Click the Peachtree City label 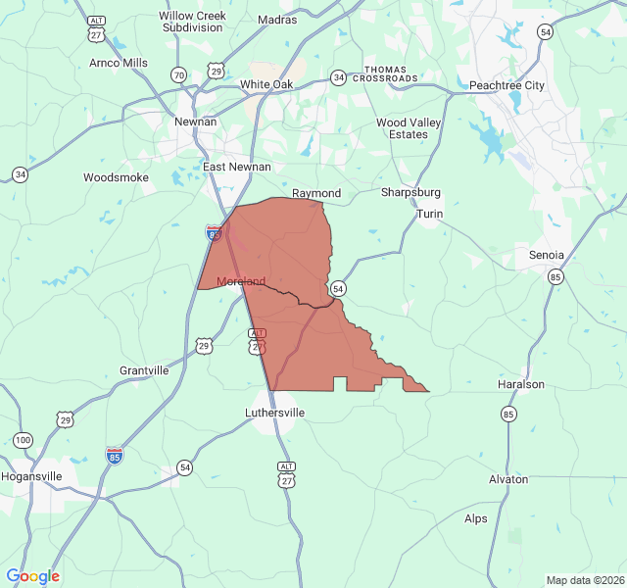(x=506, y=85)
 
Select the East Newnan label (x=237, y=167)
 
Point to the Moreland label (x=241, y=281)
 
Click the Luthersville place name (x=274, y=413)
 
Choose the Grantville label (x=144, y=370)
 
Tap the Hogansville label (x=31, y=476)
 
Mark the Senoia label (x=547, y=255)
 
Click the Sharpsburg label (x=410, y=192)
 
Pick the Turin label (x=430, y=214)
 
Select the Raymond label (x=316, y=193)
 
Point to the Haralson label (x=521, y=384)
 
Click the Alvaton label (x=508, y=479)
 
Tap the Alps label (x=476, y=518)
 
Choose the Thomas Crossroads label (x=385, y=73)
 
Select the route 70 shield (x=178, y=74)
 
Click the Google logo (x=33, y=576)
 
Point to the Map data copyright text (x=584, y=580)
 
